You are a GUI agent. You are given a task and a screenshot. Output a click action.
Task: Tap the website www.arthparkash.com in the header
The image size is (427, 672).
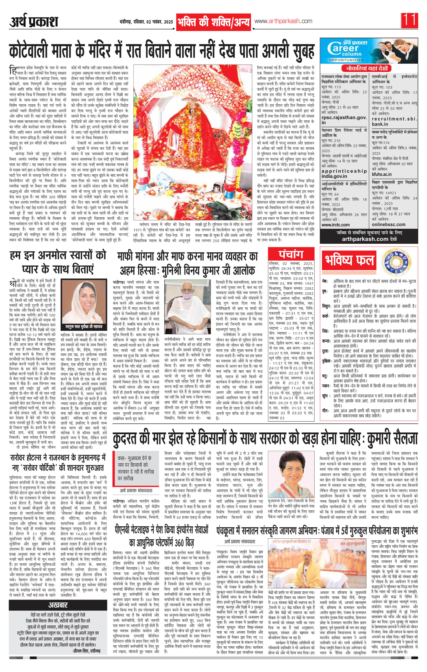pos(283,21)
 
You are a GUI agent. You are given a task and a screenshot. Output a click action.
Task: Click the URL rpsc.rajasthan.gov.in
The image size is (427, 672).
pos(344,120)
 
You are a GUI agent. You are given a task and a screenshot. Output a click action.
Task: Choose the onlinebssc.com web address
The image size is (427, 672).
pos(389,224)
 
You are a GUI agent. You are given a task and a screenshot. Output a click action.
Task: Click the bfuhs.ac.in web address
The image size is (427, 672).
pos(382,174)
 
